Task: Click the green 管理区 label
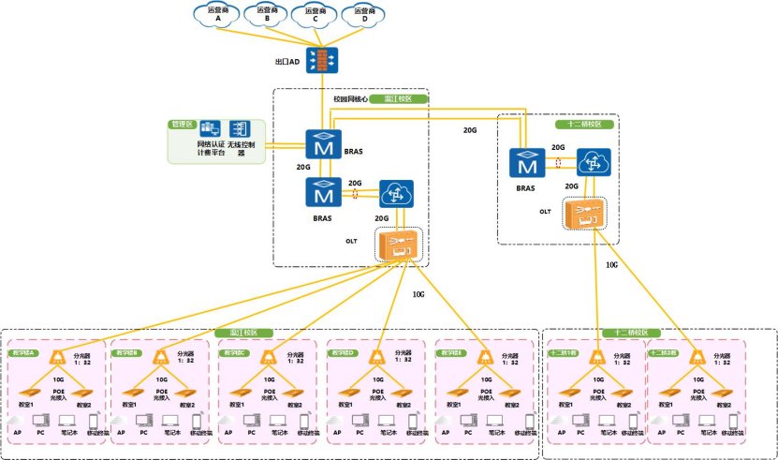click(x=181, y=123)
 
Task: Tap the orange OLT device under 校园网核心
click(x=398, y=246)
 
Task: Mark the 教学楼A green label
click(x=23, y=353)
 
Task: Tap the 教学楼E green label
click(x=454, y=353)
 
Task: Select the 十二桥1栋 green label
click(x=565, y=353)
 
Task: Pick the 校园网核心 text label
click(x=351, y=98)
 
